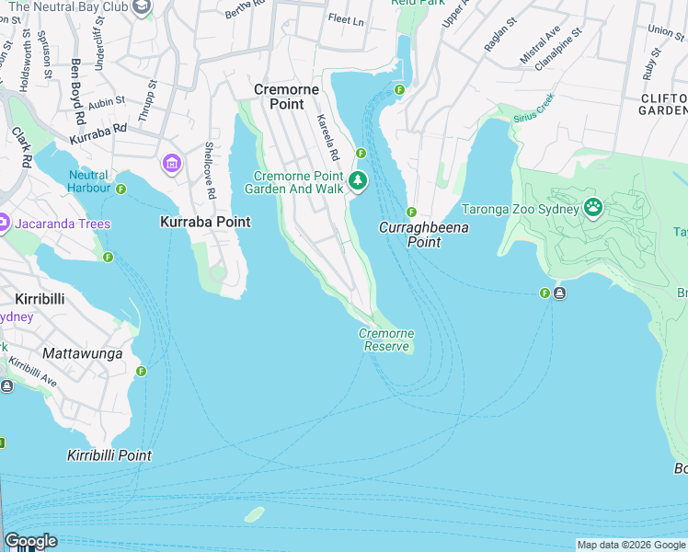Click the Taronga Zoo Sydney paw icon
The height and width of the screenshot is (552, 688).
593,208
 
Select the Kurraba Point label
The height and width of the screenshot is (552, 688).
205,222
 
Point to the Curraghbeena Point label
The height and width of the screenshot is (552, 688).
424,235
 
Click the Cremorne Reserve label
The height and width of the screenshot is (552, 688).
386,339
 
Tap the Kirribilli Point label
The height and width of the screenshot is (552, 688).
109,455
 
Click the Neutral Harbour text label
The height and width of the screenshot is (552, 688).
88,181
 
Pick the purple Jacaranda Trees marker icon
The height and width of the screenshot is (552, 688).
5,224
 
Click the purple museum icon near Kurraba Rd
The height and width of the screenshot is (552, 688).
171,164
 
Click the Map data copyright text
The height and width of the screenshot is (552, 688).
631,545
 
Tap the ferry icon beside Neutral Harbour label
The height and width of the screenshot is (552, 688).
120,189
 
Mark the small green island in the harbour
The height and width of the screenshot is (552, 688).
255,513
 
